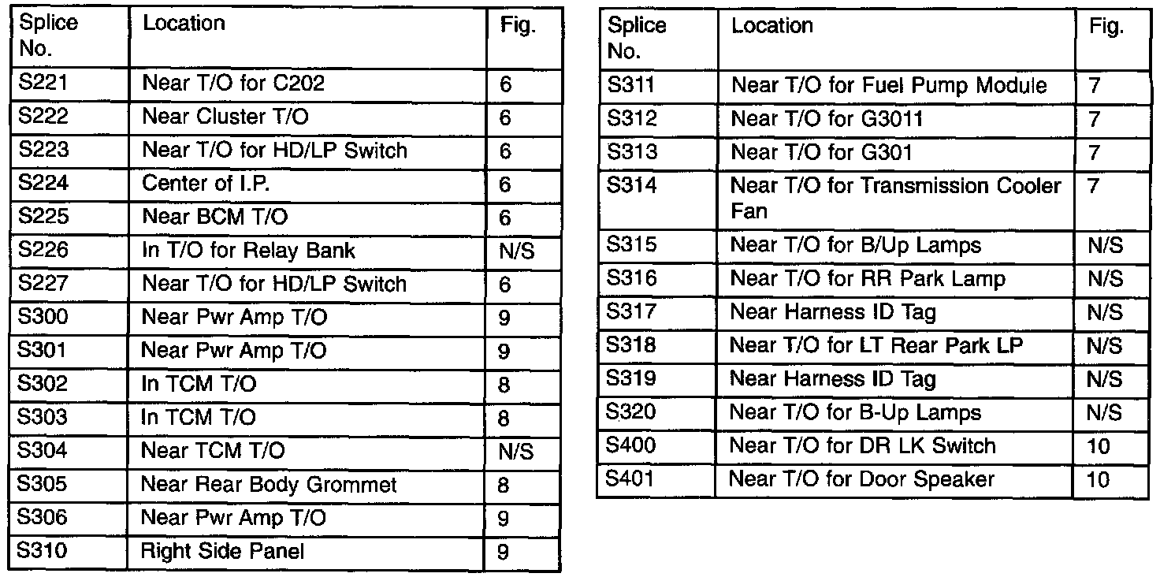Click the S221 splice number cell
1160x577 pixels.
[43, 84]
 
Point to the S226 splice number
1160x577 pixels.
[43, 251]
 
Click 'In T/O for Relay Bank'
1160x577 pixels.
[248, 251]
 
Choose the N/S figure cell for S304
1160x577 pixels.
[516, 452]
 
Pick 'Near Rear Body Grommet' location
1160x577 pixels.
[268, 485]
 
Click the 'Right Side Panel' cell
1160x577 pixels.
[222, 551]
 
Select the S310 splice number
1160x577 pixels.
[43, 551]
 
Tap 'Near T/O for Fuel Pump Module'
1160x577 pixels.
[889, 85]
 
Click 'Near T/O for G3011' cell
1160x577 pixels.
[827, 119]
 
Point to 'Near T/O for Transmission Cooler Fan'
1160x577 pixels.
[896, 198]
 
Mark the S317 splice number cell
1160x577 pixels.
[633, 312]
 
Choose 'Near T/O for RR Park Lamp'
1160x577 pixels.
[868, 279]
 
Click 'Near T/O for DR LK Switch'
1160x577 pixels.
[863, 446]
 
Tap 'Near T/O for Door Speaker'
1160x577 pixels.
[861, 479]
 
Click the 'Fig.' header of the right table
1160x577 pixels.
[1106, 27]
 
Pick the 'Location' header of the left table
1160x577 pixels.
[184, 24]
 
